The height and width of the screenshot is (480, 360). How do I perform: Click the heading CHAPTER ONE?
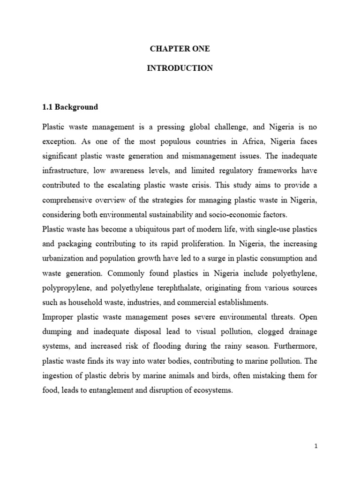(x=180, y=49)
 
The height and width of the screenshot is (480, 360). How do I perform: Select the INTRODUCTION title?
(x=180, y=68)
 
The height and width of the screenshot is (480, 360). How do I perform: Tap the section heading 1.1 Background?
(x=70, y=107)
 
